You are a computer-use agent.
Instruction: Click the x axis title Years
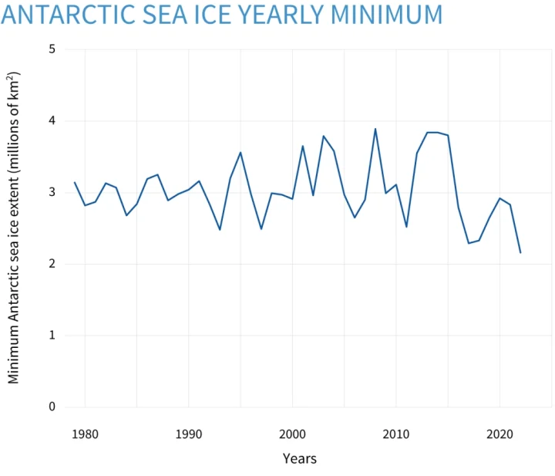[299, 458]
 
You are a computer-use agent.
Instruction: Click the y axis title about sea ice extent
[14, 228]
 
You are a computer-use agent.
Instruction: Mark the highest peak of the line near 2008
[375, 129]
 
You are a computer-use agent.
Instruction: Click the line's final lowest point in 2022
[520, 253]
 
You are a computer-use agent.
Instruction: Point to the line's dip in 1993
[220, 230]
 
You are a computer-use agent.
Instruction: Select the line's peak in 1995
[240, 152]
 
